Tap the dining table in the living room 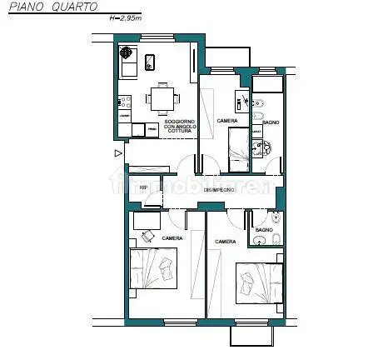tap(162, 98)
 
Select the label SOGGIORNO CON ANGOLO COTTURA tap(178, 127)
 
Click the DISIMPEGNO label tap(219, 190)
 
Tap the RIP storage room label tap(142, 187)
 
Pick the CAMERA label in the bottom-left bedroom tap(172, 238)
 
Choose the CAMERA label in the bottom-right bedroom tap(225, 242)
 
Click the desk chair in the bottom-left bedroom tap(147, 236)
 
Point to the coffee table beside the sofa tap(151, 61)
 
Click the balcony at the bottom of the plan tap(252, 334)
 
